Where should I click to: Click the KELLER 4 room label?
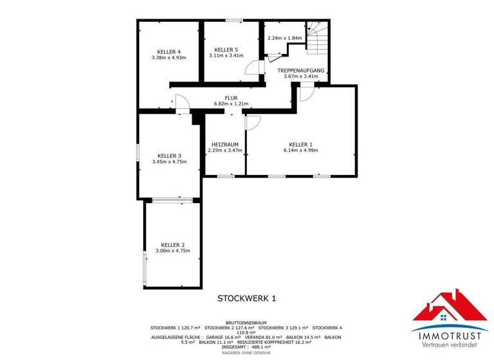point(169,51)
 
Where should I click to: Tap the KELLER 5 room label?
point(226,50)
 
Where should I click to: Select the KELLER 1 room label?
point(300,144)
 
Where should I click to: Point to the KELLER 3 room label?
point(169,156)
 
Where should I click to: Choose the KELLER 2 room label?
point(172,245)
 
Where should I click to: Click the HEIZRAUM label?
point(225,144)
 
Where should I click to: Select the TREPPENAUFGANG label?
point(301,70)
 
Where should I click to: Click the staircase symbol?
point(316,38)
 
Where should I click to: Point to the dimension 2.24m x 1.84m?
point(284,38)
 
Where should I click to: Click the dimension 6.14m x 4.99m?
point(300,150)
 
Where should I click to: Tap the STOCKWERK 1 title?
point(246,298)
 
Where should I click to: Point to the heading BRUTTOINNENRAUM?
point(246,322)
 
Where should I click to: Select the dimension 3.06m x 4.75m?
point(172,251)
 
